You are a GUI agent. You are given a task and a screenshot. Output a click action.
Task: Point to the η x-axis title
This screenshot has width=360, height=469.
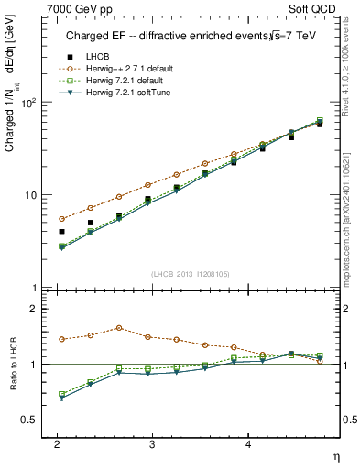(335, 455)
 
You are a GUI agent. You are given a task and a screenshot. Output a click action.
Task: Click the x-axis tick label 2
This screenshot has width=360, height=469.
(57, 443)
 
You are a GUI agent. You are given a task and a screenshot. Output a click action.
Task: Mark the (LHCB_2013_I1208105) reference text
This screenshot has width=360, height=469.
(190, 273)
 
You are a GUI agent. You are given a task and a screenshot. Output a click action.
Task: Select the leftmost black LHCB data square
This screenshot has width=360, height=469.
(61, 232)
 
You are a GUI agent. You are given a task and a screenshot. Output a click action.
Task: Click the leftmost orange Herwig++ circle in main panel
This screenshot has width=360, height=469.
(61, 219)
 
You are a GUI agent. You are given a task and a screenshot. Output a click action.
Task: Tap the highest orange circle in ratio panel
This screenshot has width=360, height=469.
(119, 328)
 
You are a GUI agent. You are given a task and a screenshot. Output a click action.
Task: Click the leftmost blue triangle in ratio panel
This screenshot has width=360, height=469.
(61, 398)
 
